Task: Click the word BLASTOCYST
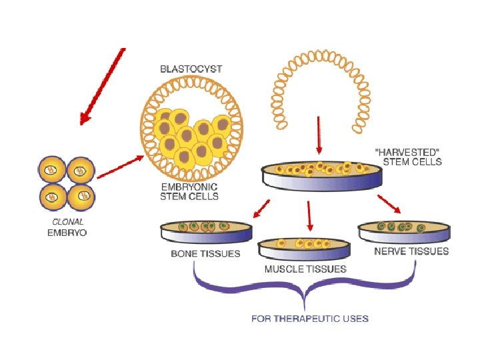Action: coord(191,69)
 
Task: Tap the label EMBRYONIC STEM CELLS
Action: coord(189,192)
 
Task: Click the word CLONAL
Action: coord(67,222)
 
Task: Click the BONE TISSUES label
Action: coord(205,254)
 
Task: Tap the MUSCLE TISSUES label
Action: coord(305,269)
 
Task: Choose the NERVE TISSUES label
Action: coord(411,251)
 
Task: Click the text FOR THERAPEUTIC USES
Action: coord(310,318)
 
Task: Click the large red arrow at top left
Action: coord(102,86)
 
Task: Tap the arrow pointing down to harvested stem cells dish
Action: coord(319,135)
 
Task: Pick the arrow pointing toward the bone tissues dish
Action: coord(261,208)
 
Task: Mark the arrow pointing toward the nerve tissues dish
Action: coord(389,203)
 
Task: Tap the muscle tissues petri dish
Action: coord(305,248)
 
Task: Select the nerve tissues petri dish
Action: coord(403,231)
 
